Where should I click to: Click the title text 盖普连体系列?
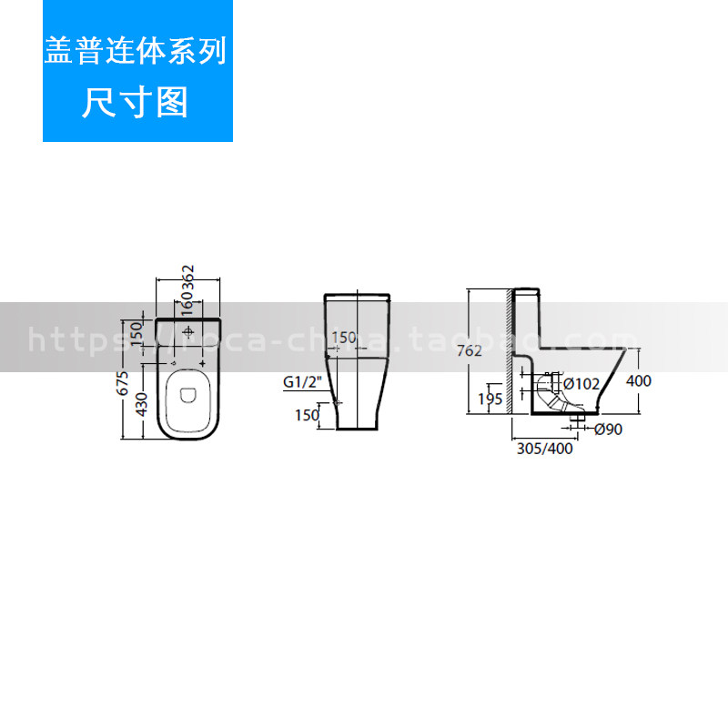[x=136, y=52]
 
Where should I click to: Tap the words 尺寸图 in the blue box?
[x=136, y=103]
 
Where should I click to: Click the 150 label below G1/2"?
[x=307, y=415]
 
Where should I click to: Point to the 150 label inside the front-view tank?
[x=344, y=338]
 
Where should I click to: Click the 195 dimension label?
[x=490, y=398]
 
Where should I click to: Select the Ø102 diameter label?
[x=580, y=384]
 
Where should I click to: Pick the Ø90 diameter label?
[x=608, y=430]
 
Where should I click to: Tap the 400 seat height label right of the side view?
[x=639, y=381]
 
